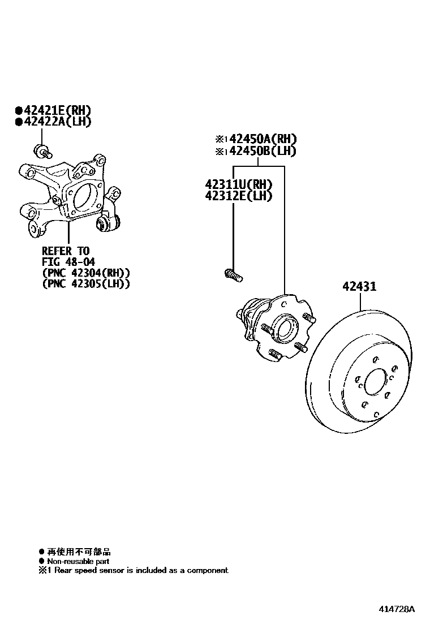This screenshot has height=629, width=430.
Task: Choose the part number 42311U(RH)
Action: coord(239,184)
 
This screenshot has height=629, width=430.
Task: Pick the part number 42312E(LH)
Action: coord(239,196)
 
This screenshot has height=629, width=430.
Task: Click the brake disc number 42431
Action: coord(359,287)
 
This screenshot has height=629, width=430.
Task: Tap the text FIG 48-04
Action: coord(68,261)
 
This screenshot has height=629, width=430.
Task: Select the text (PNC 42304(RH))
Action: coord(86,273)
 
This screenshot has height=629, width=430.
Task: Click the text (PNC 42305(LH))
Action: coord(86,284)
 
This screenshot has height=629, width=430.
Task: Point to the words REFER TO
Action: coord(66,251)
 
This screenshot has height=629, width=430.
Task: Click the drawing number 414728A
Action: coord(397,609)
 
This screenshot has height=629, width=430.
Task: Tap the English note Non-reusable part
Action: coord(78,561)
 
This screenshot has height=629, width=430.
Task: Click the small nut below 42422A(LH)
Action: coord(43,150)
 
